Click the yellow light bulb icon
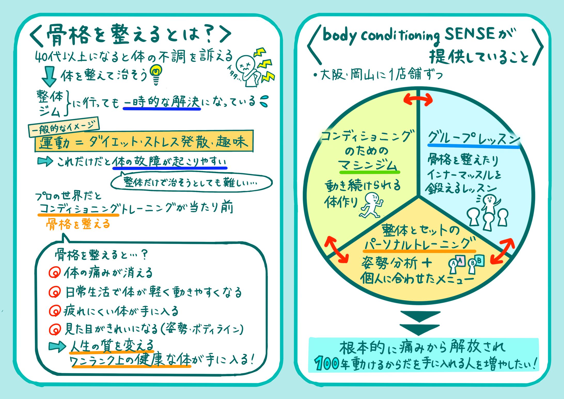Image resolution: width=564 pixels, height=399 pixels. point(156,73)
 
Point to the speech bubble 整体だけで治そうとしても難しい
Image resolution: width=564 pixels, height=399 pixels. point(191,182)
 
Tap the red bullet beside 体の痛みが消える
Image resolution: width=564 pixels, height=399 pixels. point(54,272)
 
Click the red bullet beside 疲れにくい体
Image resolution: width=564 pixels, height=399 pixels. point(54,311)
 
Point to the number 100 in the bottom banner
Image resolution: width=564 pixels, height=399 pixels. point(327,363)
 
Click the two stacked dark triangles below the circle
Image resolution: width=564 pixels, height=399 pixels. point(420,323)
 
